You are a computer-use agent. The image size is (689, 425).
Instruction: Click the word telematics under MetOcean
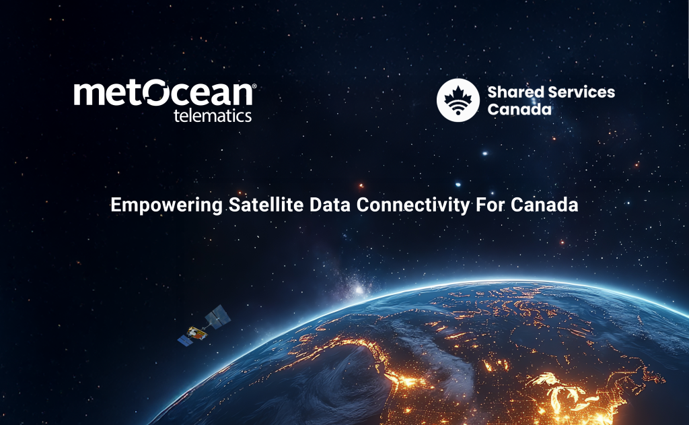pyautogui.click(x=213, y=116)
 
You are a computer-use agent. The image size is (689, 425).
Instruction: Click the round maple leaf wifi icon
pyautogui.click(x=458, y=100)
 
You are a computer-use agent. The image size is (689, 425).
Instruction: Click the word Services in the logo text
pyautogui.click(x=579, y=92)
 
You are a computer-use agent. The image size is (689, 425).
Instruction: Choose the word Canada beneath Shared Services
pyautogui.click(x=519, y=108)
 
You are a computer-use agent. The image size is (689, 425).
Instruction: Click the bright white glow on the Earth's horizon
pyautogui.click(x=359, y=290)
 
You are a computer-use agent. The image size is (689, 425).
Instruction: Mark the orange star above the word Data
pyautogui.click(x=361, y=185)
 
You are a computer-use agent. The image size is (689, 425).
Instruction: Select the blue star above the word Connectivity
pyautogui.click(x=458, y=184)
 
